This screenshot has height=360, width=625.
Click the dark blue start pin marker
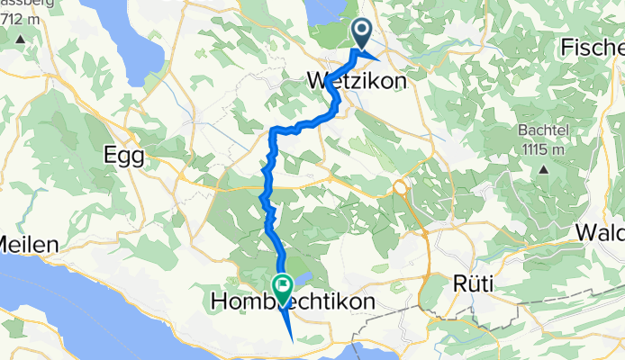coord(362,34)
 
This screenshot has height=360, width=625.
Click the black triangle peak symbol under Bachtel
coord(544,167)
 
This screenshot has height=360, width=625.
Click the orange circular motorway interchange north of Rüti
coord(399,187)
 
